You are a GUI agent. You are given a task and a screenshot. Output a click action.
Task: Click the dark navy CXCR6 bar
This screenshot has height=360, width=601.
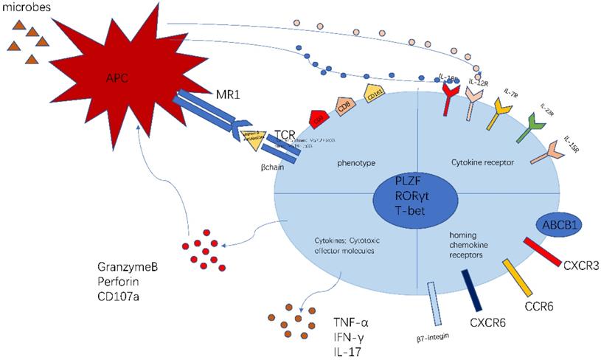coord(471,290)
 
